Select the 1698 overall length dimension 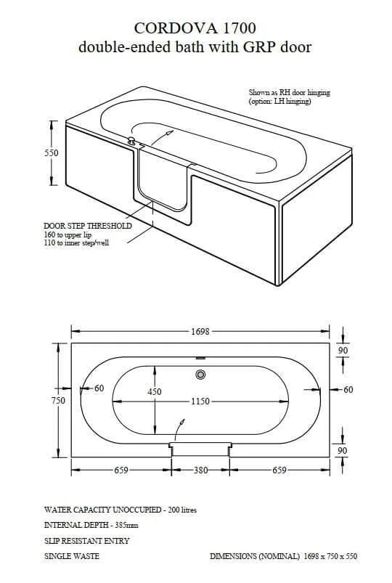click(200, 331)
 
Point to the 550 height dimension click(51, 154)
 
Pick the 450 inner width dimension click(155, 391)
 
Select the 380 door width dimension click(200, 470)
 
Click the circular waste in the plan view click(200, 375)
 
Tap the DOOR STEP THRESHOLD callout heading click(88, 226)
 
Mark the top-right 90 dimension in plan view click(343, 351)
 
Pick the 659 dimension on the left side click(122, 470)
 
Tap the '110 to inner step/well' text click(80, 244)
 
